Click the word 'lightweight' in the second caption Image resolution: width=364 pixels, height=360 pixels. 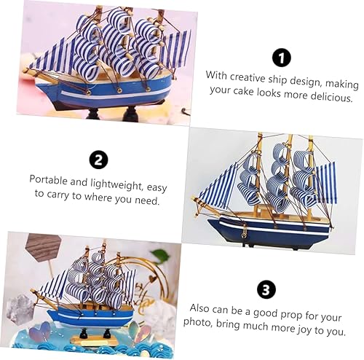pyautogui.click(x=112, y=179)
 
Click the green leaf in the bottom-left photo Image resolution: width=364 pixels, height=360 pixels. pyautogui.click(x=161, y=257)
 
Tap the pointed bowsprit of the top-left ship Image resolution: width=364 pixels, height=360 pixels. pyautogui.click(x=32, y=71)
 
